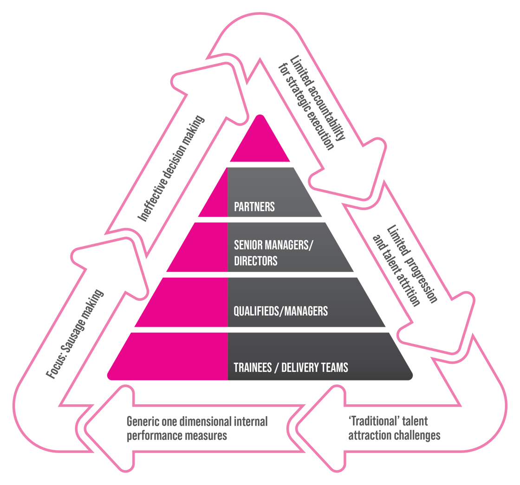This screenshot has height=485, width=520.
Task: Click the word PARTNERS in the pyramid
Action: [x=254, y=207]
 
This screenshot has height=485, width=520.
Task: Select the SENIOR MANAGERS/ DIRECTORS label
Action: [x=273, y=253]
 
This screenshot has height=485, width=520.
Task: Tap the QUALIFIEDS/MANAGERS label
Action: [x=280, y=310]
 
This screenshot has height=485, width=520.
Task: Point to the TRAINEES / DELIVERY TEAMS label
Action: [x=291, y=368]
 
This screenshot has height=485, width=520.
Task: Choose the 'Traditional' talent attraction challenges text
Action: [x=394, y=428]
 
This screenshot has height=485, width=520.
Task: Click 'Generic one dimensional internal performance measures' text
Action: [x=197, y=428]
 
